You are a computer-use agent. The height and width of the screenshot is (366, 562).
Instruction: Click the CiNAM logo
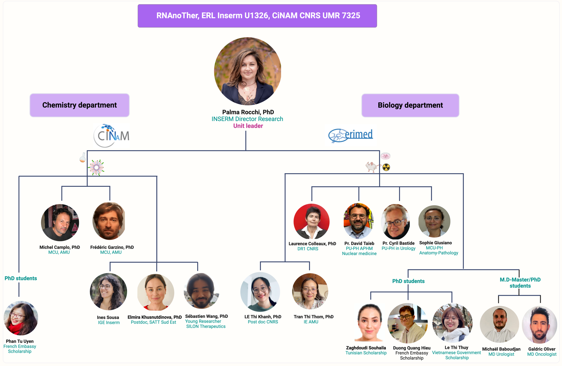pyautogui.click(x=111, y=136)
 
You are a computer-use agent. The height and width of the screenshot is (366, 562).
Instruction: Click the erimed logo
pyautogui.click(x=351, y=135)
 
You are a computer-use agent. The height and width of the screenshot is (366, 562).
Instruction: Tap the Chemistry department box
pyautogui.click(x=80, y=105)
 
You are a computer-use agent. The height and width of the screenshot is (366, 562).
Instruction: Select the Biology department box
pyautogui.click(x=410, y=105)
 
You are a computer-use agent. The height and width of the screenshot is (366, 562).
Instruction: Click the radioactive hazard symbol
pyautogui.click(x=386, y=167)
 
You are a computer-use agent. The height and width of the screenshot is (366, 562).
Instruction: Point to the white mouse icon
pyautogui.click(x=372, y=166)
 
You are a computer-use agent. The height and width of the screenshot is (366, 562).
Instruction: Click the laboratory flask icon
pyautogui.click(x=83, y=158)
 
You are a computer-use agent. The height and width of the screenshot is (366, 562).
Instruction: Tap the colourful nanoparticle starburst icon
pyautogui.click(x=97, y=167)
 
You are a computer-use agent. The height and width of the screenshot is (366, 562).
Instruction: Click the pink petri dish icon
pyautogui.click(x=385, y=156)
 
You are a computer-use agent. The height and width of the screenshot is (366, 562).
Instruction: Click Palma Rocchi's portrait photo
pyautogui.click(x=248, y=71)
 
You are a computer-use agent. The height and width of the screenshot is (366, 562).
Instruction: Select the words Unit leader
pyautogui.click(x=248, y=126)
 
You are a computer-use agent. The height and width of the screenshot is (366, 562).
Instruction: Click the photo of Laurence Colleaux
pyautogui.click(x=312, y=221)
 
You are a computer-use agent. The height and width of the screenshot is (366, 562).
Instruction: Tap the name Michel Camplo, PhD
pyautogui.click(x=60, y=247)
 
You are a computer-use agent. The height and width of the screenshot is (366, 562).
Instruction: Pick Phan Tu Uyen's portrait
pyautogui.click(x=21, y=318)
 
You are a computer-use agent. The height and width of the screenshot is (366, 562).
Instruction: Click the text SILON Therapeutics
pyautogui.click(x=206, y=326)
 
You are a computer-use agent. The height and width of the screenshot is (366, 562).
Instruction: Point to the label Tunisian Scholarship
pyautogui.click(x=366, y=353)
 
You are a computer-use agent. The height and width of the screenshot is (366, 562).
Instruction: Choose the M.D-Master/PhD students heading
pyautogui.click(x=520, y=283)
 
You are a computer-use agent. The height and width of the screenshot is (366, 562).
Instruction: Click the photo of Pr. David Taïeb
pyautogui.click(x=358, y=221)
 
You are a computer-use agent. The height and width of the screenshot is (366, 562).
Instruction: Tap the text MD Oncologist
pyautogui.click(x=542, y=354)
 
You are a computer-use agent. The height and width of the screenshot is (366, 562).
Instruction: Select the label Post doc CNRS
pyautogui.click(x=263, y=322)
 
